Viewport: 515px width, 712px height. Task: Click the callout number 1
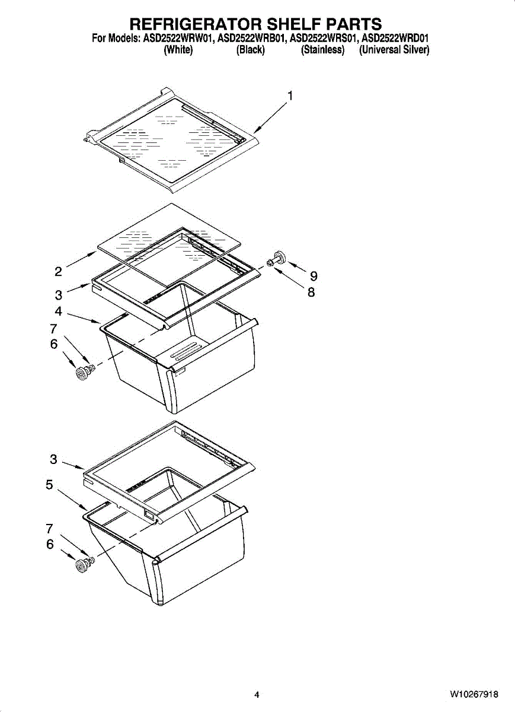click(x=290, y=96)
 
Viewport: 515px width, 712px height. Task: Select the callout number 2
click(x=58, y=272)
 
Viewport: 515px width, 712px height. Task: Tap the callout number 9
click(x=314, y=276)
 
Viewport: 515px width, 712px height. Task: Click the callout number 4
click(x=58, y=310)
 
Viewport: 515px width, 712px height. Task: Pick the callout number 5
click(x=50, y=485)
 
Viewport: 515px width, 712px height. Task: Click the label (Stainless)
click(x=322, y=50)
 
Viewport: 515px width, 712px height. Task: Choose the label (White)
click(x=178, y=50)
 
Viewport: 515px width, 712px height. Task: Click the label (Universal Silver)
click(x=394, y=50)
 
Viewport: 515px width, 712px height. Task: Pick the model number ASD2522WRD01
click(x=395, y=39)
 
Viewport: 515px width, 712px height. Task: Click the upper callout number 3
click(x=58, y=294)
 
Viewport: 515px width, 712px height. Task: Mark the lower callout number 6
click(x=50, y=544)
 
